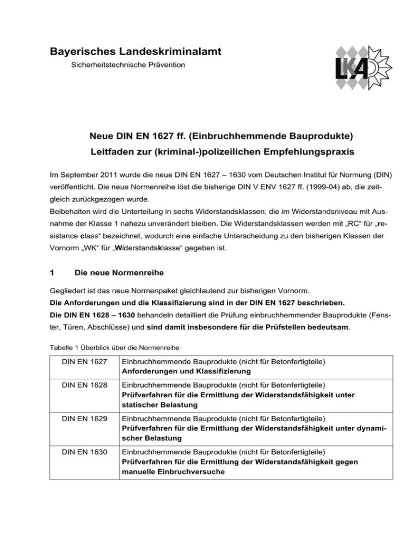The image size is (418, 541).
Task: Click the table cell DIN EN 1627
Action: click(73, 362)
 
